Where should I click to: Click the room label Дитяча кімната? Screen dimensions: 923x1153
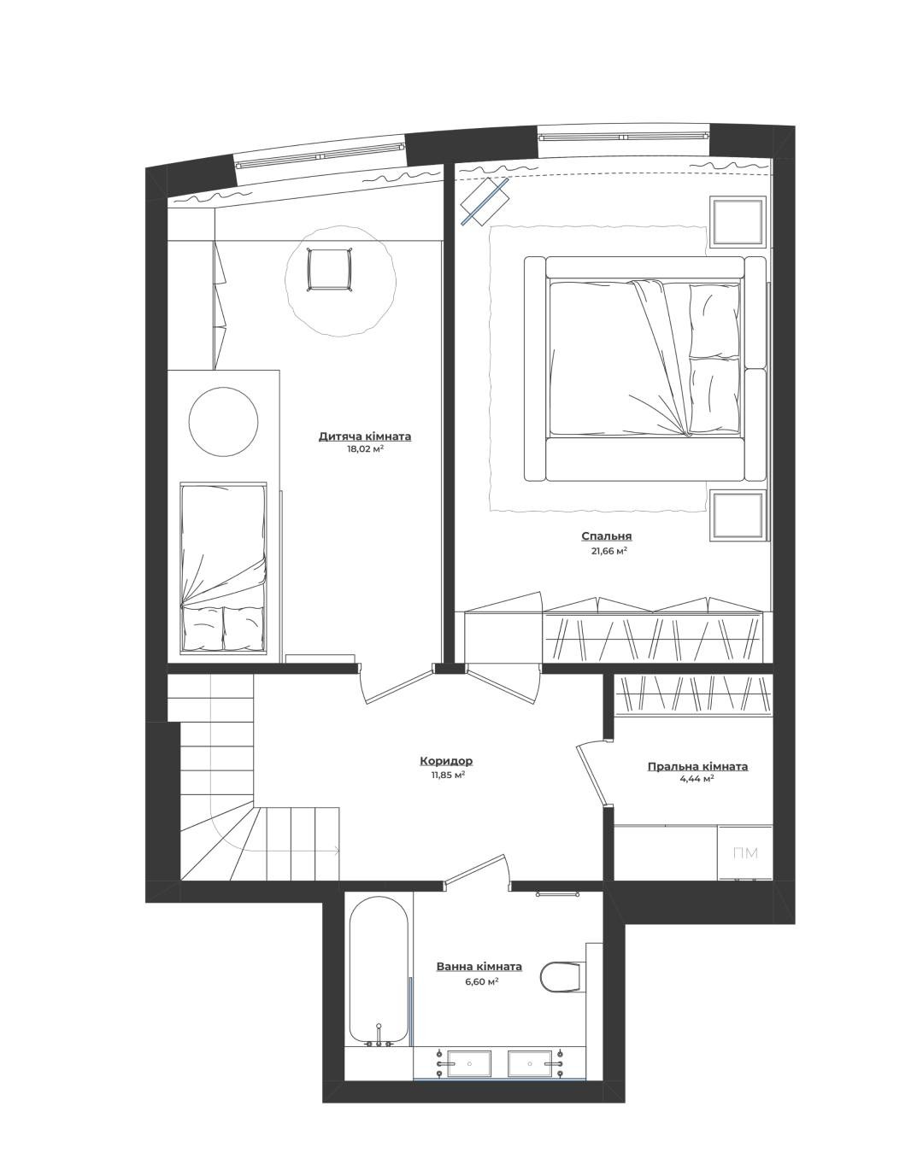(365, 436)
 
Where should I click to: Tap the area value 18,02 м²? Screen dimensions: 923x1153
(365, 449)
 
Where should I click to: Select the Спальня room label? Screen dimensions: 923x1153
(607, 536)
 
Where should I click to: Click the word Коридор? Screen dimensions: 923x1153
(446, 761)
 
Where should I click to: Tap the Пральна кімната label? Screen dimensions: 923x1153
(697, 767)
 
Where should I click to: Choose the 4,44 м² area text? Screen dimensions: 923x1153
(697, 779)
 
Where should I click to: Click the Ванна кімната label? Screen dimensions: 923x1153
(479, 967)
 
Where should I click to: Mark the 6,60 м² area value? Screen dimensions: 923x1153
(481, 980)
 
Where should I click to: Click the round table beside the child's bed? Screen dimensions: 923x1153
(224, 421)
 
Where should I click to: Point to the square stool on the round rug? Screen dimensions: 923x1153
(329, 269)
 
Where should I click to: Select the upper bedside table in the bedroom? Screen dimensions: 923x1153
(738, 222)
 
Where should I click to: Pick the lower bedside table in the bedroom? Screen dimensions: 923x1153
(738, 515)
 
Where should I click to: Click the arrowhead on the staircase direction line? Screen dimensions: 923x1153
(337, 850)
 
